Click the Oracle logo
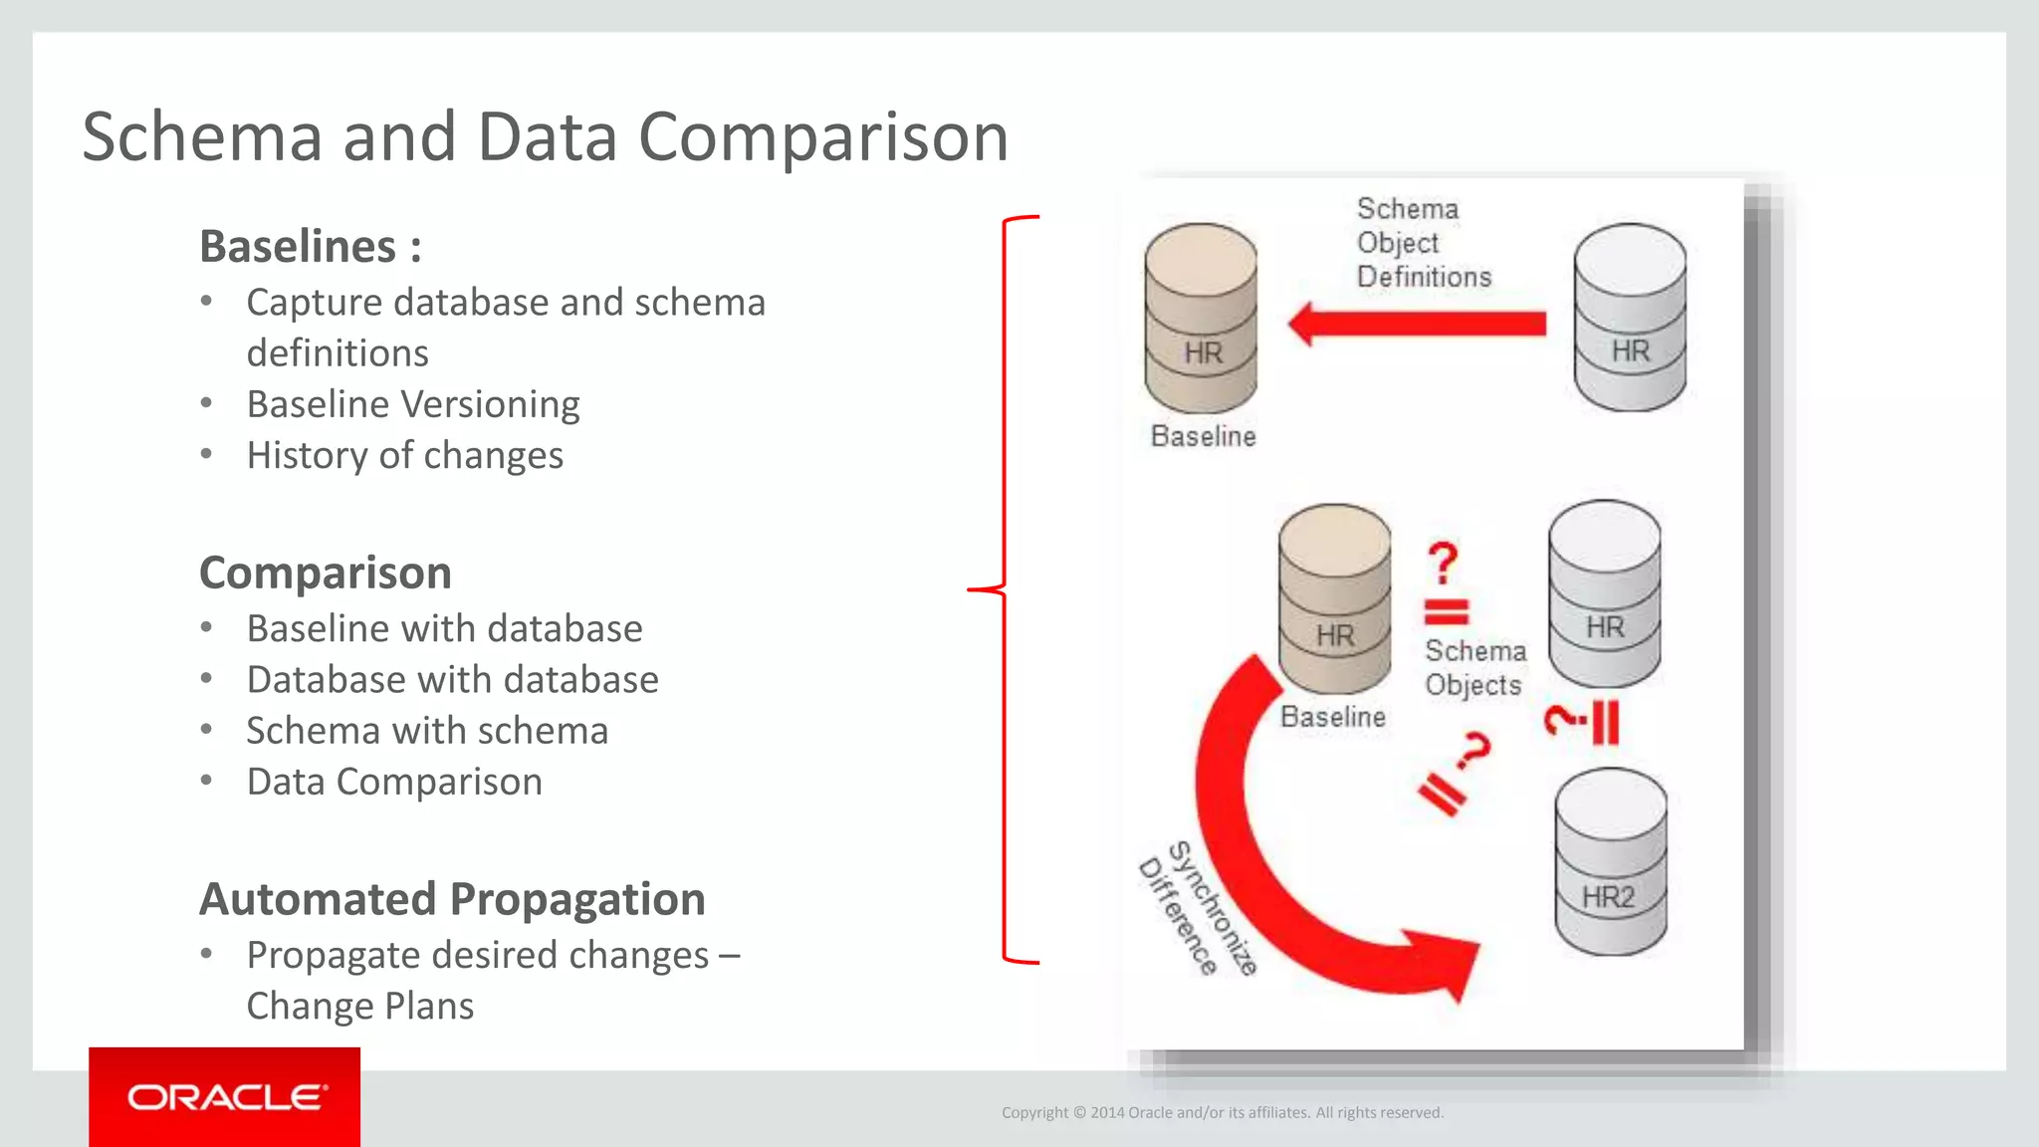(225, 1096)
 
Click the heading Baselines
(310, 246)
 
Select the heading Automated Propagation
(452, 898)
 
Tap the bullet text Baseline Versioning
(413, 404)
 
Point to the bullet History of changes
(405, 455)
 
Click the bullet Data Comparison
(394, 782)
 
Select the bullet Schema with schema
(427, 731)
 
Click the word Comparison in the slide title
(822, 136)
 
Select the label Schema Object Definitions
(1423, 243)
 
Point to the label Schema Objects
(1474, 668)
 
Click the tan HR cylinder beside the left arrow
(1201, 319)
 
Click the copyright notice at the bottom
(1222, 1112)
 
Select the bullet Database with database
(452, 680)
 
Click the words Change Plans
(360, 1006)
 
